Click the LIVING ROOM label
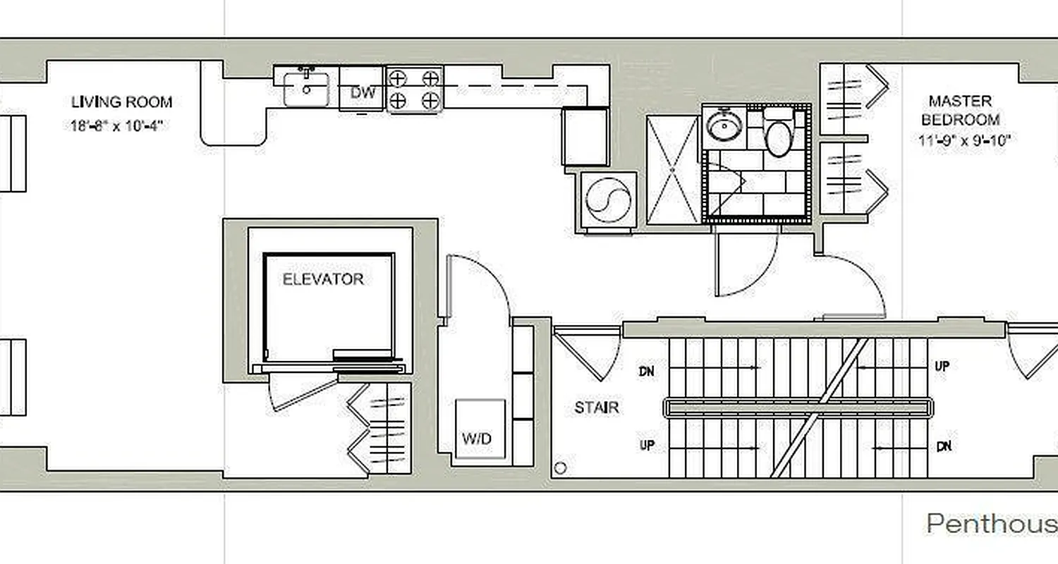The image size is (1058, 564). point(121,102)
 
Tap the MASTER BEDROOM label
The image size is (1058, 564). point(960,111)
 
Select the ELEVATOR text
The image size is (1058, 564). point(323,279)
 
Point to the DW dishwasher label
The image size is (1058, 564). point(363,92)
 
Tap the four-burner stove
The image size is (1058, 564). point(415,89)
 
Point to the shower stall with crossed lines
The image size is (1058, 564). point(673,170)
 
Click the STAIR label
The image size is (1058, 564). point(596,407)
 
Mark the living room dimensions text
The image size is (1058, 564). point(121,126)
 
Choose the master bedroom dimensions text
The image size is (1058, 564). point(964,140)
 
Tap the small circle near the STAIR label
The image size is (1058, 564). point(561,467)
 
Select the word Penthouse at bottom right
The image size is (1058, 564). point(991,524)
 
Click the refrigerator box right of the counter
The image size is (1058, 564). point(585,136)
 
